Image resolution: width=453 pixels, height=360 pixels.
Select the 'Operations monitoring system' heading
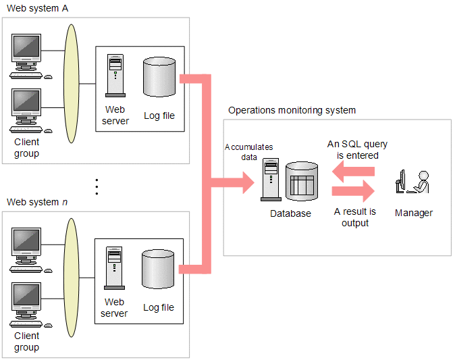pyautogui.click(x=292, y=110)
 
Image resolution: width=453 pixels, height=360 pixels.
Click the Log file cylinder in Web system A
pyautogui.click(x=159, y=78)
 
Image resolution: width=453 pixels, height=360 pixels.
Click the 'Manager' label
pyautogui.click(x=414, y=213)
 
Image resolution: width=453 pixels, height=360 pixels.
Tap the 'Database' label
pyautogui.click(x=290, y=213)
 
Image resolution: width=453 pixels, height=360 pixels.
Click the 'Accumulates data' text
pyautogui.click(x=249, y=151)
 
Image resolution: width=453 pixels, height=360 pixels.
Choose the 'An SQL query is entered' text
pyautogui.click(x=357, y=149)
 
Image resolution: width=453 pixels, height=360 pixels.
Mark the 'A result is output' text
pyautogui.click(x=355, y=217)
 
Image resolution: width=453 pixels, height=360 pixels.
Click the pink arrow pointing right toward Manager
pyautogui.click(x=353, y=191)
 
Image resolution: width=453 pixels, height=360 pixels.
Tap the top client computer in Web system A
pyautogui.click(x=27, y=55)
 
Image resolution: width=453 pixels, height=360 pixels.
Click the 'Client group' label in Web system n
pyautogui.click(x=27, y=341)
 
